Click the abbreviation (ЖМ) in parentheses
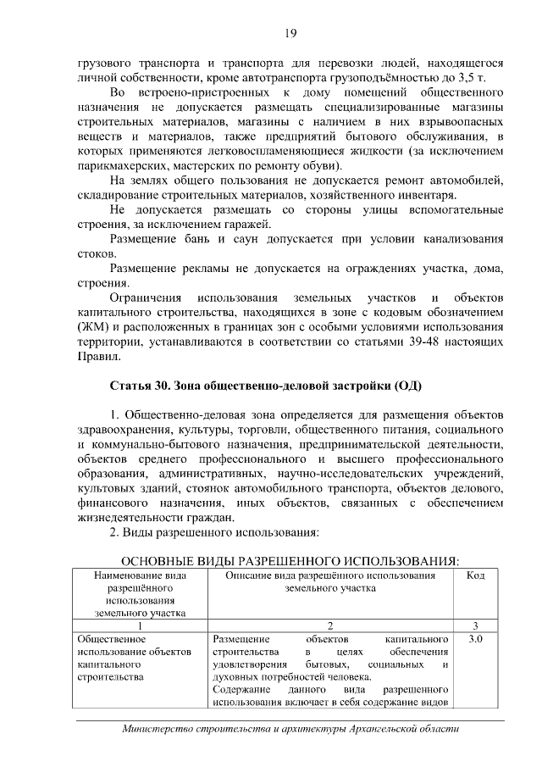coord(92,326)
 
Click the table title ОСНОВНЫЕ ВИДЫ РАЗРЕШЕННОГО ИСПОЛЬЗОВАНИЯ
coord(290,561)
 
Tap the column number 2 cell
coord(330,625)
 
